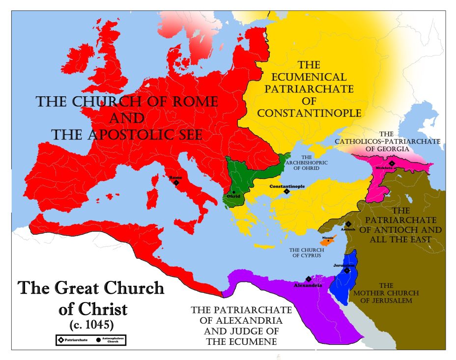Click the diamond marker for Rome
tap(176, 183)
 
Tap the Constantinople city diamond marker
tap(286, 192)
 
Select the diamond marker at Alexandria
tap(308, 279)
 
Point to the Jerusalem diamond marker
tap(347, 270)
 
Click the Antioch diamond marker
tap(348, 224)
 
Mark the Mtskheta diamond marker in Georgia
tap(392, 164)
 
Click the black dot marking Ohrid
tap(234, 192)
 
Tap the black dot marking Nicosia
tap(328, 241)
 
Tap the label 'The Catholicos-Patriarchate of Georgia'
tap(387, 141)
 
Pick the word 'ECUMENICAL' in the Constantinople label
tap(309, 77)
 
